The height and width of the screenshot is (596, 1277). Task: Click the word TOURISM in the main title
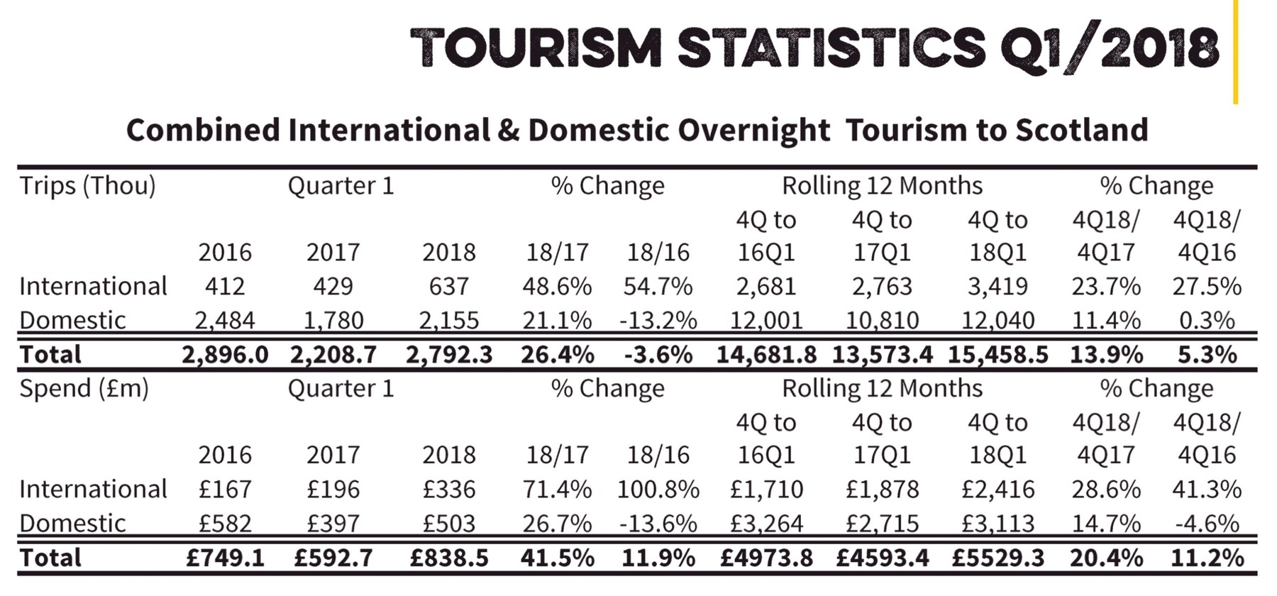pos(536,48)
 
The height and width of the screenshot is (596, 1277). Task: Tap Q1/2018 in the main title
pos(1110,48)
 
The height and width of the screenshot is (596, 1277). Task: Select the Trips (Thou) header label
pos(87,186)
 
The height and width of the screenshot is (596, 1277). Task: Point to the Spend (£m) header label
pos(84,389)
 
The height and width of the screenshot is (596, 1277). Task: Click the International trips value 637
pos(449,286)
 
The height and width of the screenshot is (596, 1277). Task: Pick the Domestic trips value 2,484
pos(225,320)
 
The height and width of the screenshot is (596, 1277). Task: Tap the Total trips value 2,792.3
pos(449,354)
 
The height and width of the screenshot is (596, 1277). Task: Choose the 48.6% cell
pos(557,286)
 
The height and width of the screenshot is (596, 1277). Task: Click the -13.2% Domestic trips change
pos(658,320)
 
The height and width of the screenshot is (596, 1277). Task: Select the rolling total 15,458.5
pos(998,354)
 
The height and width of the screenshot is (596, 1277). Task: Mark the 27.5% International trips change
pos(1207,286)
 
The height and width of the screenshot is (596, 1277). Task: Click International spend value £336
pos(449,489)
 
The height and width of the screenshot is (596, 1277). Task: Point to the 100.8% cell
pos(658,489)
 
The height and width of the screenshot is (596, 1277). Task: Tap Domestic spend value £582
pos(225,523)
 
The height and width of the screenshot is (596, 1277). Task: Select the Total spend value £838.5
pos(449,557)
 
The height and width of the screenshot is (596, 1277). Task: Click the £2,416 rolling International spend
pos(998,489)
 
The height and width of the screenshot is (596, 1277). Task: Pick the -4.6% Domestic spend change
pos(1207,523)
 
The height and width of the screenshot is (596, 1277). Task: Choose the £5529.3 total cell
pos(998,557)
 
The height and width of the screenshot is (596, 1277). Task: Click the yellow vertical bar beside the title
pos(1235,52)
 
